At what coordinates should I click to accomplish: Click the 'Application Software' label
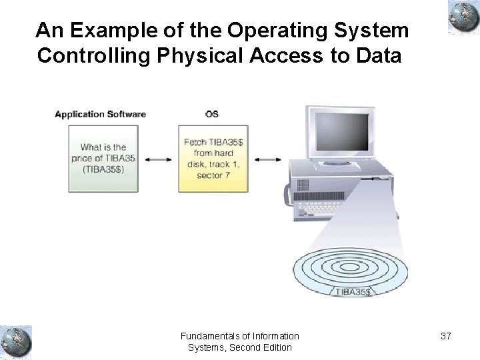pyautogui.click(x=100, y=114)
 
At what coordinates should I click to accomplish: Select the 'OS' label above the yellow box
pyautogui.click(x=211, y=114)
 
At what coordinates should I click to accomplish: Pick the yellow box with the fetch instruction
pyautogui.click(x=213, y=158)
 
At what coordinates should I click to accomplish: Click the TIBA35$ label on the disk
pyautogui.click(x=353, y=292)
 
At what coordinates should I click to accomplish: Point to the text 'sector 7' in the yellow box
pyautogui.click(x=213, y=175)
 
